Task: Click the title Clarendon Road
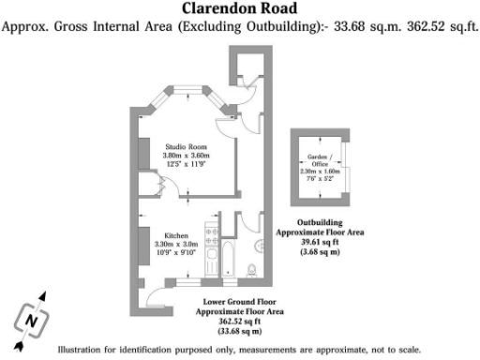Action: (x=239, y=9)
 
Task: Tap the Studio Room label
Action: (x=186, y=147)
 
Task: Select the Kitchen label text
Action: (x=177, y=235)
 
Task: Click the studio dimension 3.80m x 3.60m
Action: (x=186, y=156)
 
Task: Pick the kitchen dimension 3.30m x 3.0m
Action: (x=177, y=244)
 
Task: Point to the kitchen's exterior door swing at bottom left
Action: (x=157, y=297)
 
